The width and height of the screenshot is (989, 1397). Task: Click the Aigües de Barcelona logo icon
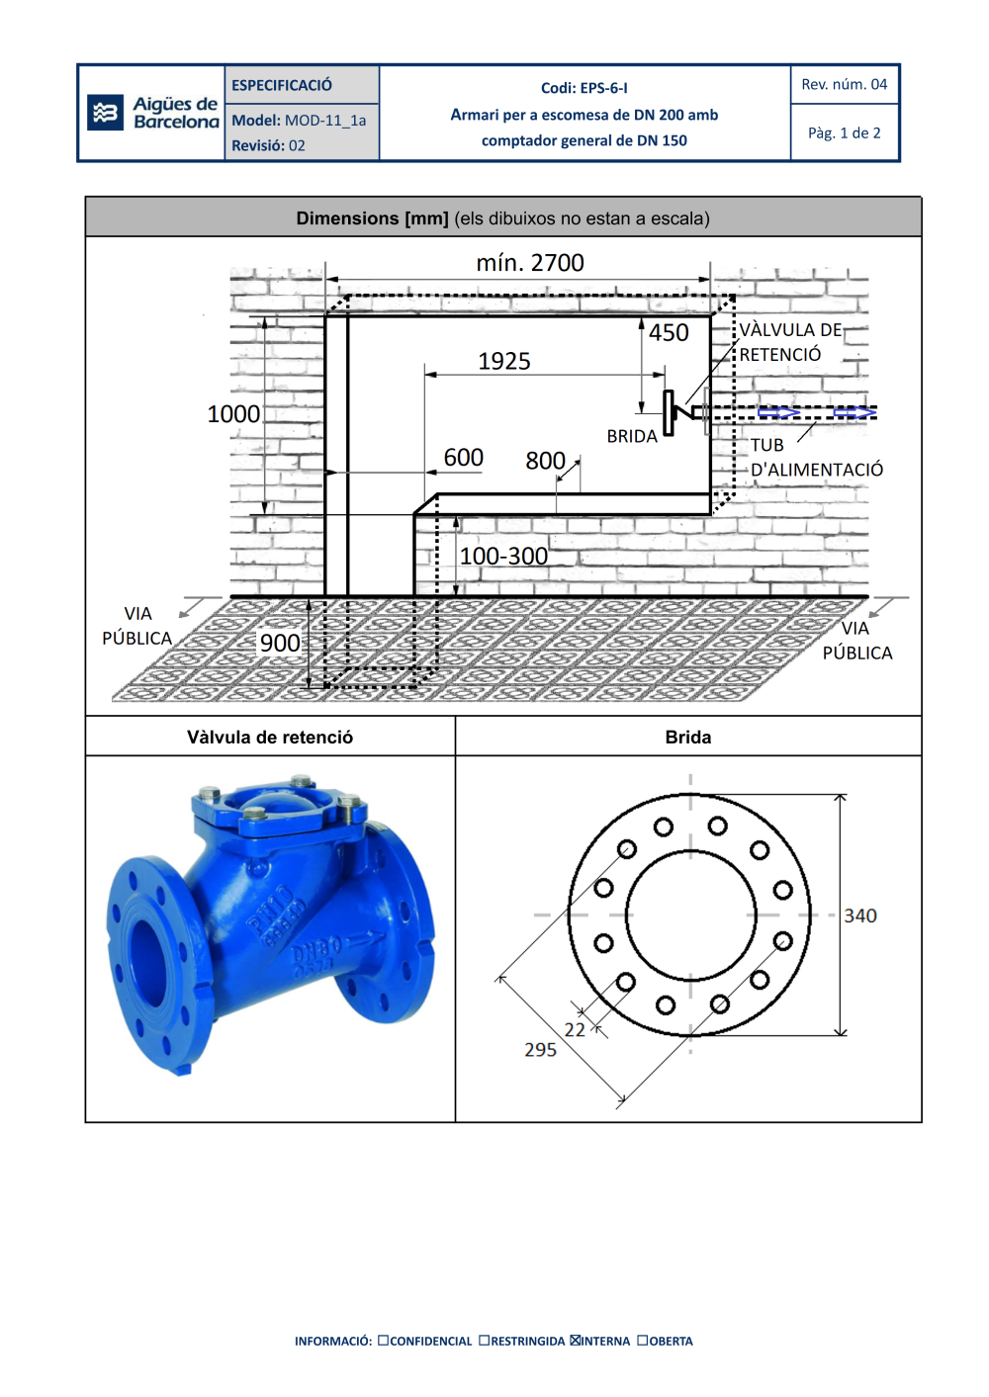(x=105, y=113)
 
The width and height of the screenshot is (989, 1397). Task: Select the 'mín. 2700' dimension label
(x=530, y=263)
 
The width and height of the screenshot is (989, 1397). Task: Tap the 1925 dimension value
(x=504, y=361)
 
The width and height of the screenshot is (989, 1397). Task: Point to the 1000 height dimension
(x=233, y=414)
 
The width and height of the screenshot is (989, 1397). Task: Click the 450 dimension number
(x=669, y=333)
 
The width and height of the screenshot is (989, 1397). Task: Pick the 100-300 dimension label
(x=503, y=556)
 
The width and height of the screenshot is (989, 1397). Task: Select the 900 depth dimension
(x=280, y=643)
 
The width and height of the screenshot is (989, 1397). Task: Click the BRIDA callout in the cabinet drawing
(x=632, y=437)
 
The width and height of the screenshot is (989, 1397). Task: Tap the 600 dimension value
(x=463, y=458)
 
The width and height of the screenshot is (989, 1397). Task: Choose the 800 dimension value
(x=545, y=461)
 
